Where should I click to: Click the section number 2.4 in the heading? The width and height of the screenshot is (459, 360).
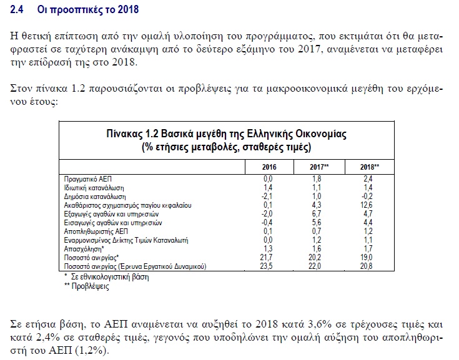[16, 9]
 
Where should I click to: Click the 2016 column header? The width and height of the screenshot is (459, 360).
[269, 167]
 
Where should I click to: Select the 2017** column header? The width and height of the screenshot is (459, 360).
[319, 167]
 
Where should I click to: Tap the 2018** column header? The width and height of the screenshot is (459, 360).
[370, 167]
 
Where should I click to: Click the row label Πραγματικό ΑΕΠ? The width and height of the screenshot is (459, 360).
[88, 179]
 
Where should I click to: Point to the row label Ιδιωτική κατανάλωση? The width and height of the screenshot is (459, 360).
[94, 188]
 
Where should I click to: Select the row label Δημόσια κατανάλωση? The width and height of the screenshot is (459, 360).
[95, 197]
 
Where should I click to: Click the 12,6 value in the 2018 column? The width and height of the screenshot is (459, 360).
[367, 205]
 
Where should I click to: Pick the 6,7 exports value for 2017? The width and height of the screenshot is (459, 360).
[317, 214]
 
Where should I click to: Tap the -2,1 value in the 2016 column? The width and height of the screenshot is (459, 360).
[267, 197]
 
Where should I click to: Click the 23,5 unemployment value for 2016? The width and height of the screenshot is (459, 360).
[266, 266]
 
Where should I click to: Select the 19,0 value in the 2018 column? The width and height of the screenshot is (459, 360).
[367, 257]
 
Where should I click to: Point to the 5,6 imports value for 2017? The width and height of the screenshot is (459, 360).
[317, 223]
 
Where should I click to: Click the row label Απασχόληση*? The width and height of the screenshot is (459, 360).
[84, 249]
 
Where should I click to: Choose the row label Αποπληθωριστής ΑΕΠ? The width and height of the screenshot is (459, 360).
[96, 231]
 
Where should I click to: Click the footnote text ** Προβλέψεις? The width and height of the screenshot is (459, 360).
[87, 286]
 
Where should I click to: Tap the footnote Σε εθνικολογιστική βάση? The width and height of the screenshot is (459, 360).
[110, 277]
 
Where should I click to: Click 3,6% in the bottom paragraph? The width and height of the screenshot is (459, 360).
[320, 324]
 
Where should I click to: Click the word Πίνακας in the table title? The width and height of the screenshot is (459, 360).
[124, 134]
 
